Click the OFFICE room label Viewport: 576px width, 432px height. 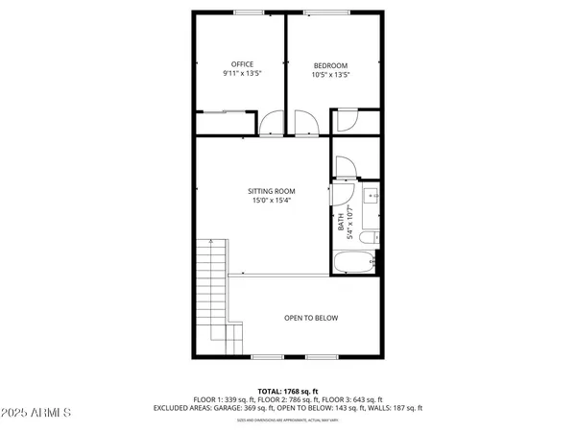point(241,64)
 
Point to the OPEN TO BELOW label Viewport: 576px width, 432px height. point(310,318)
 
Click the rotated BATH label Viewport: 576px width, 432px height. point(341,224)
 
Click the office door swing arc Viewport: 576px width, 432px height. point(274,123)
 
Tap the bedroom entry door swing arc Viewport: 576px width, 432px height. point(305,123)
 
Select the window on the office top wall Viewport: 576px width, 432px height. point(250,12)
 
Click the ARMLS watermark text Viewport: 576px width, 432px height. point(38,414)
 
